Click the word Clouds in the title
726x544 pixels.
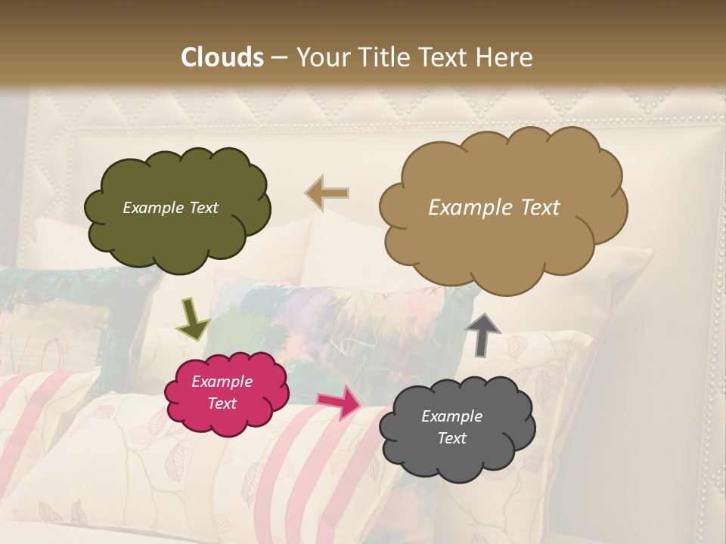(222, 57)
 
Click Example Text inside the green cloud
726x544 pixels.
(170, 208)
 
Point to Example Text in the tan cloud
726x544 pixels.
(494, 207)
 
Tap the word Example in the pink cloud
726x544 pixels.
(222, 382)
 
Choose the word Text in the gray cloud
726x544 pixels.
(451, 438)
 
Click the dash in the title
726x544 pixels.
(279, 58)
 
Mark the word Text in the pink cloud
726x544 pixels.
(222, 403)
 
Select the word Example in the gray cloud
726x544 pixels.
(451, 416)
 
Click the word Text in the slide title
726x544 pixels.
(445, 57)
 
